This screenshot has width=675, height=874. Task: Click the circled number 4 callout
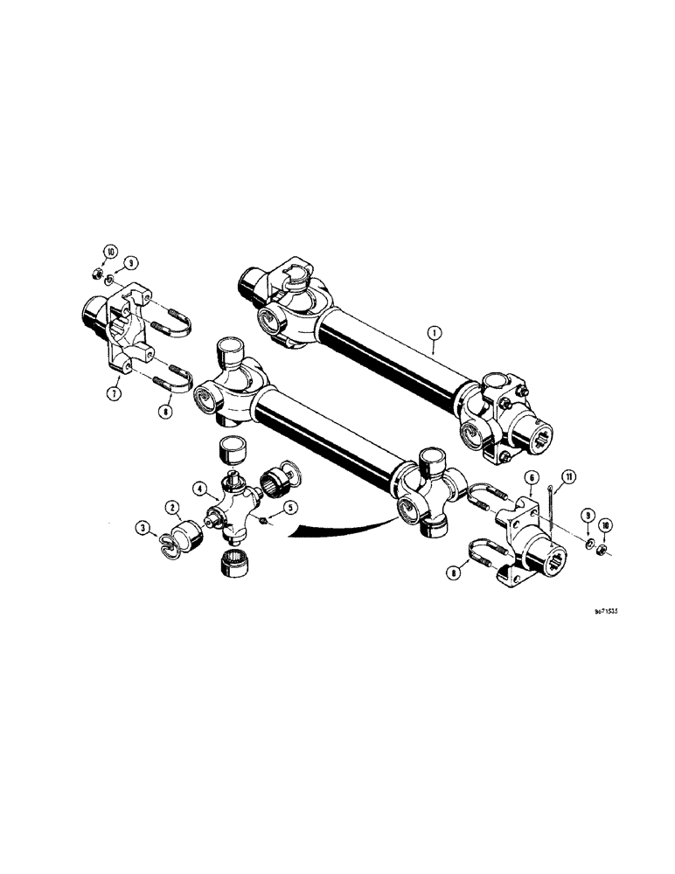[199, 488]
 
